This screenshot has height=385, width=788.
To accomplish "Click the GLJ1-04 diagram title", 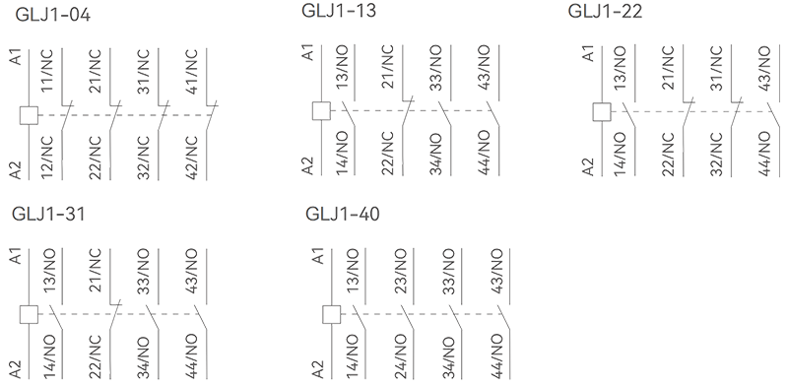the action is point(53,15).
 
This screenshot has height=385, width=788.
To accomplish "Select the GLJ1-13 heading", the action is point(339,11).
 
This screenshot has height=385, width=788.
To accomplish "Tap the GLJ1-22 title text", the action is point(605,11).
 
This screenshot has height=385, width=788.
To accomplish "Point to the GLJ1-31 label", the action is point(48,214).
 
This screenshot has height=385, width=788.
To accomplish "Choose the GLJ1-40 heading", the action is point(343,214).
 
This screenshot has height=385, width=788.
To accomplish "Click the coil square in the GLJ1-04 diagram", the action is point(29,115).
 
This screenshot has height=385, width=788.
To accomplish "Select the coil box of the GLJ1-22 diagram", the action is point(602,111).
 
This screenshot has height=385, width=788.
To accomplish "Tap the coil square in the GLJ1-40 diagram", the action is point(331,315).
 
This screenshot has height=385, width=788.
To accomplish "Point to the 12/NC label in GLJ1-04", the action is point(46,158).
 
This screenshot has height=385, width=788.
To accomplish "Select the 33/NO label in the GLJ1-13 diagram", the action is point(435,67).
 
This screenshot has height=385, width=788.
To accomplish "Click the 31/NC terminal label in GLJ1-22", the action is point(716,67).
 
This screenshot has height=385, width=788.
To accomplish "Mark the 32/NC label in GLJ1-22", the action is point(716,154).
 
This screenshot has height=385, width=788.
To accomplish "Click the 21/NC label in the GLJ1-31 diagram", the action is point(95,271).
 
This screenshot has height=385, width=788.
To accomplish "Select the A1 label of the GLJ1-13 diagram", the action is point(309,52).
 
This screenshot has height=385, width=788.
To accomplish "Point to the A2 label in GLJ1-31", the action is point(17,369).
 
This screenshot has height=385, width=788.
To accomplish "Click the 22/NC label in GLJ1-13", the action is point(387,154).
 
